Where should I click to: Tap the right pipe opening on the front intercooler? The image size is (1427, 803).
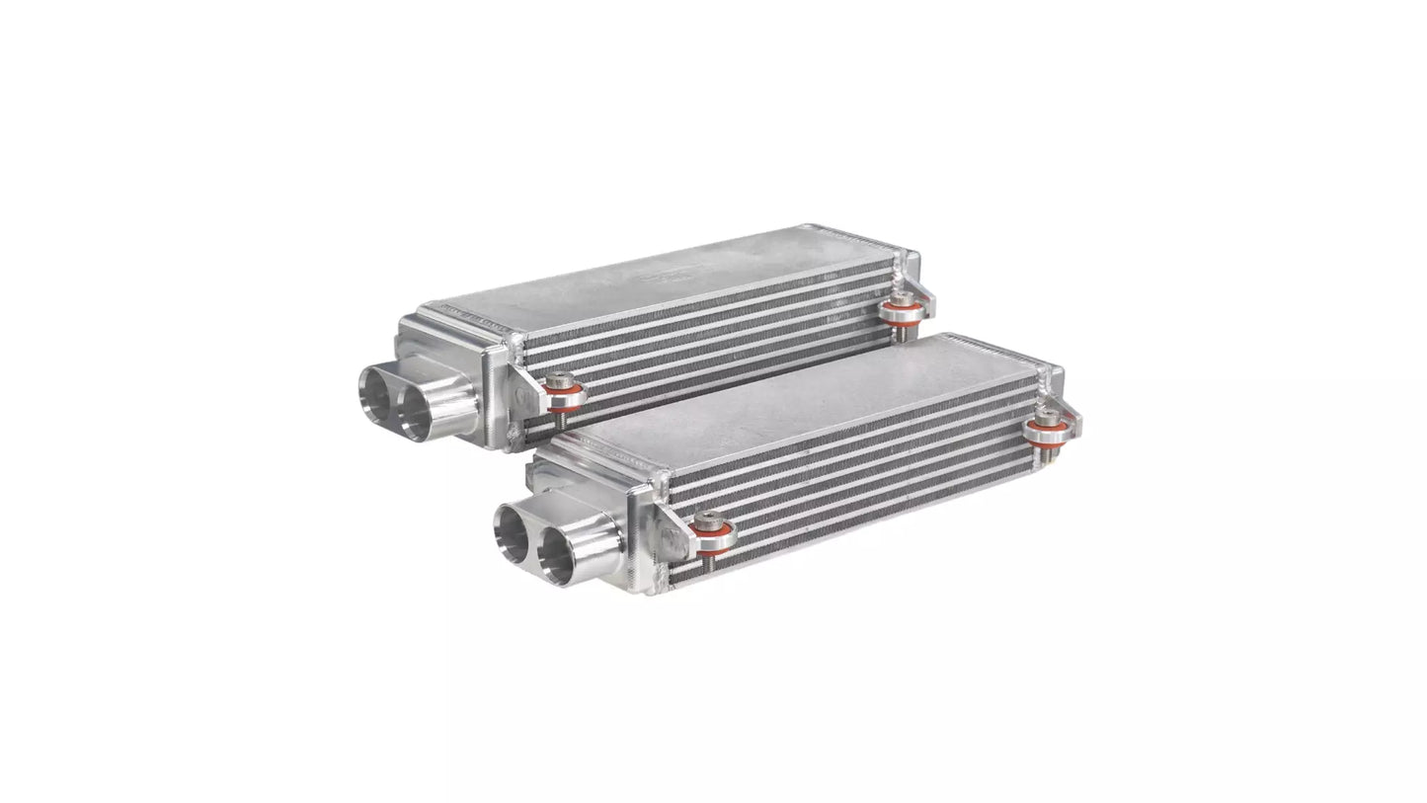(558, 554)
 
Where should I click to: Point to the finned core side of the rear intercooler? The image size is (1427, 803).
(711, 341)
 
